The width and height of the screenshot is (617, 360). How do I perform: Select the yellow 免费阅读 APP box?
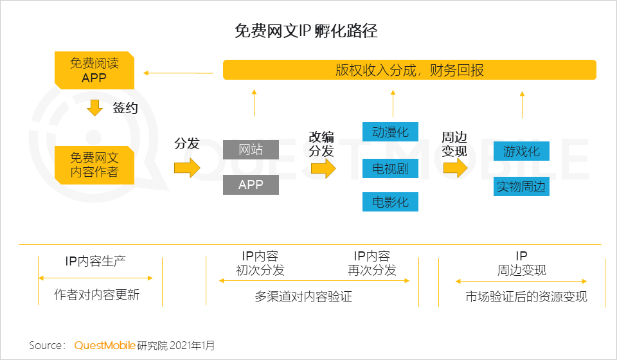[94, 71]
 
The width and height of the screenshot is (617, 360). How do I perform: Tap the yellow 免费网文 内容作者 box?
[94, 165]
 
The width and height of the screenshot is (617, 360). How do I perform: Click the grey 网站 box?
[251, 150]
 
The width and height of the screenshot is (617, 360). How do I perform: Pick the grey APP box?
[251, 184]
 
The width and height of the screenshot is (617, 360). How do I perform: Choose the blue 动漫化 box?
[390, 132]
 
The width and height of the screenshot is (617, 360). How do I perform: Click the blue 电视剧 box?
[390, 169]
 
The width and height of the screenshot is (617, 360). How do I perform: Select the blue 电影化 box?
[390, 202]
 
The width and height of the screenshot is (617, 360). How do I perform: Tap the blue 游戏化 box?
[521, 152]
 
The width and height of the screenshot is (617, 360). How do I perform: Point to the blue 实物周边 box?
[521, 187]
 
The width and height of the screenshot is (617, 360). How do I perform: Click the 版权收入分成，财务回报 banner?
[409, 70]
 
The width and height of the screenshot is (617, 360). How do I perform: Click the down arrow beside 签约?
[95, 107]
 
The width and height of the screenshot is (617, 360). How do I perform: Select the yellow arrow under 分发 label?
[187, 168]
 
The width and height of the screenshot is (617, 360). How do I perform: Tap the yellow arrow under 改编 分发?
[323, 168]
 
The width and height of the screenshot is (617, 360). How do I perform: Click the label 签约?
[125, 108]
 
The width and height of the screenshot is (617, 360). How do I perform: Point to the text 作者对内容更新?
[96, 296]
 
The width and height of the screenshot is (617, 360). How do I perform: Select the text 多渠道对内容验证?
[303, 297]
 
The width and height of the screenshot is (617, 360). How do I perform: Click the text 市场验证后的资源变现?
[526, 297]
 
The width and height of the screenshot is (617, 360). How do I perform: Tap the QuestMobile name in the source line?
[105, 346]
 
